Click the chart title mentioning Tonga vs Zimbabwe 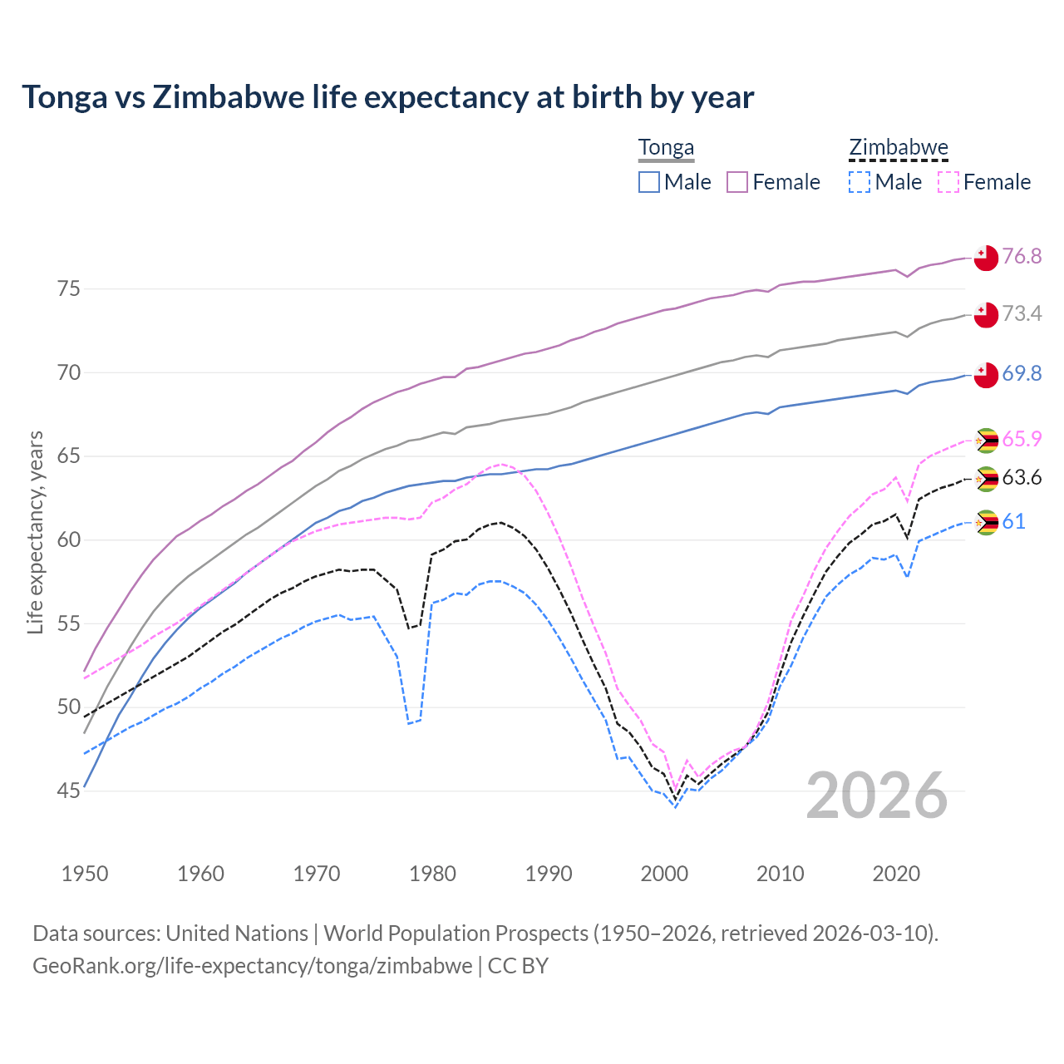(387, 97)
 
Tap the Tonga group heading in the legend (666, 148)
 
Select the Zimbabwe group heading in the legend (898, 148)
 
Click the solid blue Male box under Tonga (649, 182)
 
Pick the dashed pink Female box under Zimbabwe (948, 182)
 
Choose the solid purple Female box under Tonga (738, 182)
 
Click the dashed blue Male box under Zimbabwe (860, 182)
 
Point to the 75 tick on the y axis (68, 289)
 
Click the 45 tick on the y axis (68, 791)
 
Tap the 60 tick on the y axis (68, 540)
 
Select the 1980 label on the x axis (432, 874)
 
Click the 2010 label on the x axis (780, 874)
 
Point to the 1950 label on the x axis (85, 874)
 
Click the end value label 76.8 (1022, 256)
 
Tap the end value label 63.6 (1022, 478)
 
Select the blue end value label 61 (1013, 522)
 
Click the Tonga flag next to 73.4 (986, 315)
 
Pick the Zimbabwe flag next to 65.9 (986, 441)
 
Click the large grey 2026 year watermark (877, 796)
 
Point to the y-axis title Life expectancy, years (35, 532)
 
